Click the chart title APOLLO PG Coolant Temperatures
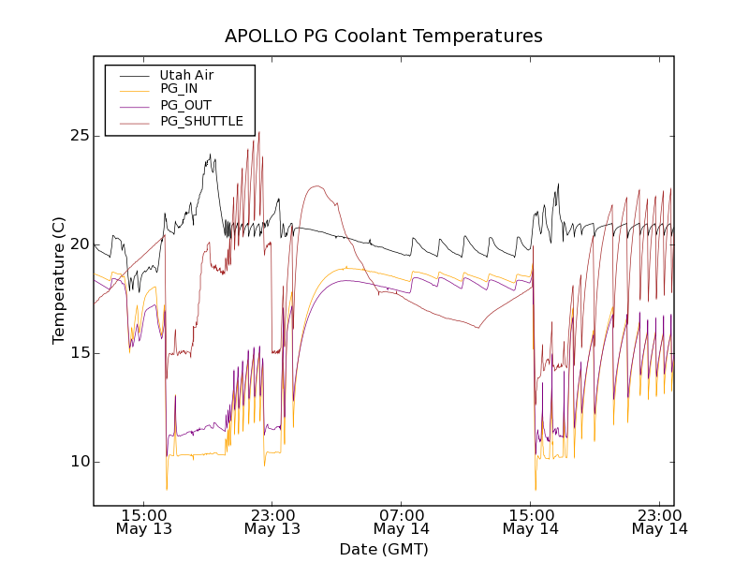pyautogui.click(x=384, y=37)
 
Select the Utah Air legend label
pyautogui.click(x=193, y=74)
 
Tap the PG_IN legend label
pyautogui.click(x=179, y=89)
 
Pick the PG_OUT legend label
pyautogui.click(x=185, y=105)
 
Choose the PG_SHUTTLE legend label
pyautogui.click(x=201, y=121)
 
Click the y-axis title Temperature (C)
pyautogui.click(x=59, y=280)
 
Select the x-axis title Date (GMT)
pyautogui.click(x=384, y=549)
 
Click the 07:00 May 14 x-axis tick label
pyautogui.click(x=402, y=522)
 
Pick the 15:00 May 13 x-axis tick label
pyautogui.click(x=143, y=522)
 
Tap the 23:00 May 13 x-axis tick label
pyautogui.click(x=272, y=522)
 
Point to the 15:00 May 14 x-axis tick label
pyautogui.click(x=531, y=522)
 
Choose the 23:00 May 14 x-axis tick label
pyautogui.click(x=660, y=522)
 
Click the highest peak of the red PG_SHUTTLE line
pyautogui.click(x=259, y=132)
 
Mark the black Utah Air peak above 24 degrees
pyautogui.click(x=210, y=155)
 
